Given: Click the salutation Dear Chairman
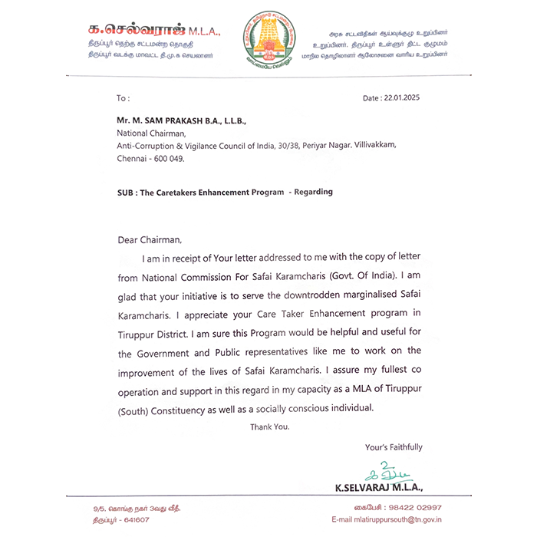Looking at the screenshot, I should click(150, 239).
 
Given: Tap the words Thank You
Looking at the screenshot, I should click(269, 427).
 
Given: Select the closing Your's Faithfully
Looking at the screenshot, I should click(394, 447).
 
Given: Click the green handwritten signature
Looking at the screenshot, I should click(376, 472).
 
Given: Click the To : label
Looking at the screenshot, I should click(123, 98).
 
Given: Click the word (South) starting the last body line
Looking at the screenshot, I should click(133, 408).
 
